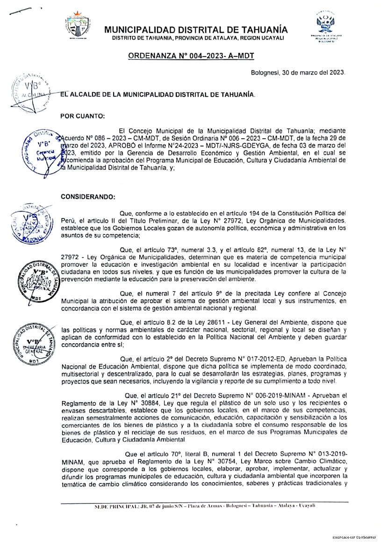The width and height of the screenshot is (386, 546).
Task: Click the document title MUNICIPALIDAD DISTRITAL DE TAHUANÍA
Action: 196,29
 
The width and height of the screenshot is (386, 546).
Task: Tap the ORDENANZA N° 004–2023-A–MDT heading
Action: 191,56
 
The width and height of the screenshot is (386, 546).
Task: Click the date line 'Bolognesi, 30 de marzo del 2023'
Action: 298,73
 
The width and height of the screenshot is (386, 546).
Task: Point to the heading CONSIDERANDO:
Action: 88,197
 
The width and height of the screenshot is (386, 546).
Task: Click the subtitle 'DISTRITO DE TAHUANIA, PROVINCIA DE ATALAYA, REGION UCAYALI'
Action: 198,38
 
